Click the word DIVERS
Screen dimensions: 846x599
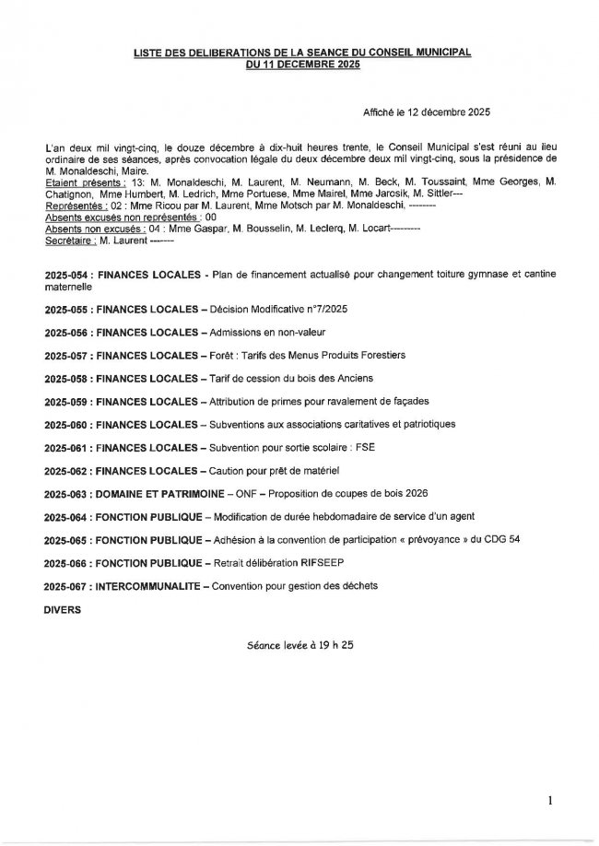63,609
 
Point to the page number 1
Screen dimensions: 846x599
550,802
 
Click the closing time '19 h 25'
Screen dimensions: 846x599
335,646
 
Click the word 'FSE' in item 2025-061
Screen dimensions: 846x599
362,447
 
